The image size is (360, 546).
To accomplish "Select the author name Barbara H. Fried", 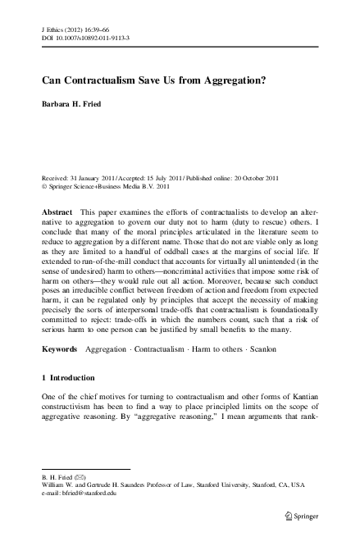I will [75, 105].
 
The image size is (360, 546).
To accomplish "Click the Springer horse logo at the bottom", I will [287, 516].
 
